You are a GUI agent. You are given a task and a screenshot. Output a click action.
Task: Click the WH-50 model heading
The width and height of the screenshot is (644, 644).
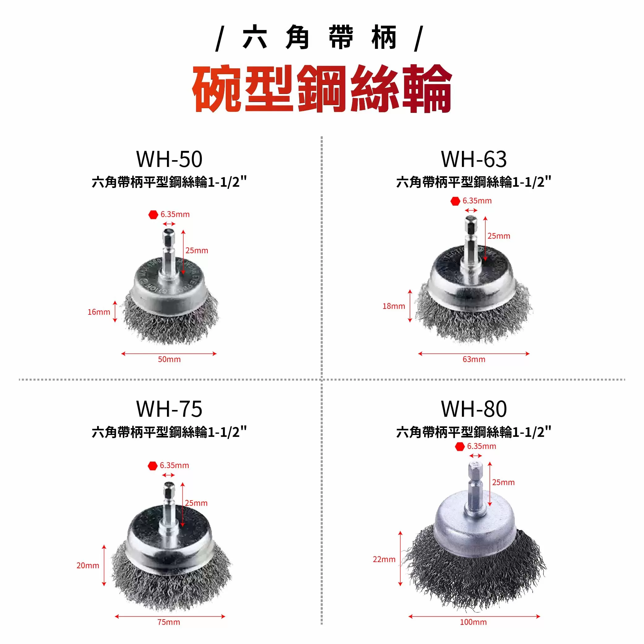169,159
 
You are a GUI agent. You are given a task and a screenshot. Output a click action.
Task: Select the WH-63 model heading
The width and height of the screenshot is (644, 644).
474,159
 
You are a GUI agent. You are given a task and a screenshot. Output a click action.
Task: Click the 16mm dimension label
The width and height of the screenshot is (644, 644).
99,312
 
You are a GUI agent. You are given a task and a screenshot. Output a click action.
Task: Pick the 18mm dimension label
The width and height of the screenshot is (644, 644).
394,306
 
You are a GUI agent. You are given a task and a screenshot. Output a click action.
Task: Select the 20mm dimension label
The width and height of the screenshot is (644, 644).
88,565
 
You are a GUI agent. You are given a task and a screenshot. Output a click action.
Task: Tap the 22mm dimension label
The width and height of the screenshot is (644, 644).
384,559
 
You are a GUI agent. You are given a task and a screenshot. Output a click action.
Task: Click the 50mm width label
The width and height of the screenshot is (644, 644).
169,359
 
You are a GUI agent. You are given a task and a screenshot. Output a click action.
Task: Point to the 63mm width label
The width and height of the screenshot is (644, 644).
474,359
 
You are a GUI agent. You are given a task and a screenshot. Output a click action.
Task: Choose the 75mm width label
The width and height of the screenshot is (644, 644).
169,622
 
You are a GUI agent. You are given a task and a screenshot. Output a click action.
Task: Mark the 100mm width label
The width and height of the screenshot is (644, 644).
473,622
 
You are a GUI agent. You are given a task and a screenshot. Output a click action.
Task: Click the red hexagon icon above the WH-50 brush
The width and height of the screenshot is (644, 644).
153,215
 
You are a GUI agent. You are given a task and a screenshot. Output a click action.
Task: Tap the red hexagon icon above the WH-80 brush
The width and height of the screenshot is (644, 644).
460,446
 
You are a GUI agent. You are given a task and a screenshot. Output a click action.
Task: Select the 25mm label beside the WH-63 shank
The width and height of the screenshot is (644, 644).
499,236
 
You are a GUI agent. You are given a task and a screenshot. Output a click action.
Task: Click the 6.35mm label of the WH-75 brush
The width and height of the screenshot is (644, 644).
174,465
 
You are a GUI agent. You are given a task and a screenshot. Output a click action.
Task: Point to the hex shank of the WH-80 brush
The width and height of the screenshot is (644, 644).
475,483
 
